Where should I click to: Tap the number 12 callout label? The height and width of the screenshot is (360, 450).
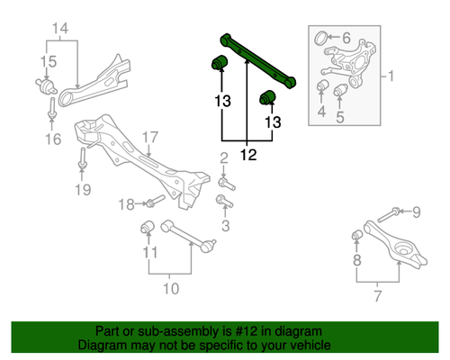[248, 155]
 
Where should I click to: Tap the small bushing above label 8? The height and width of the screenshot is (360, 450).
[355, 236]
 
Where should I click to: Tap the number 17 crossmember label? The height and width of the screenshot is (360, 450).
[149, 137]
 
